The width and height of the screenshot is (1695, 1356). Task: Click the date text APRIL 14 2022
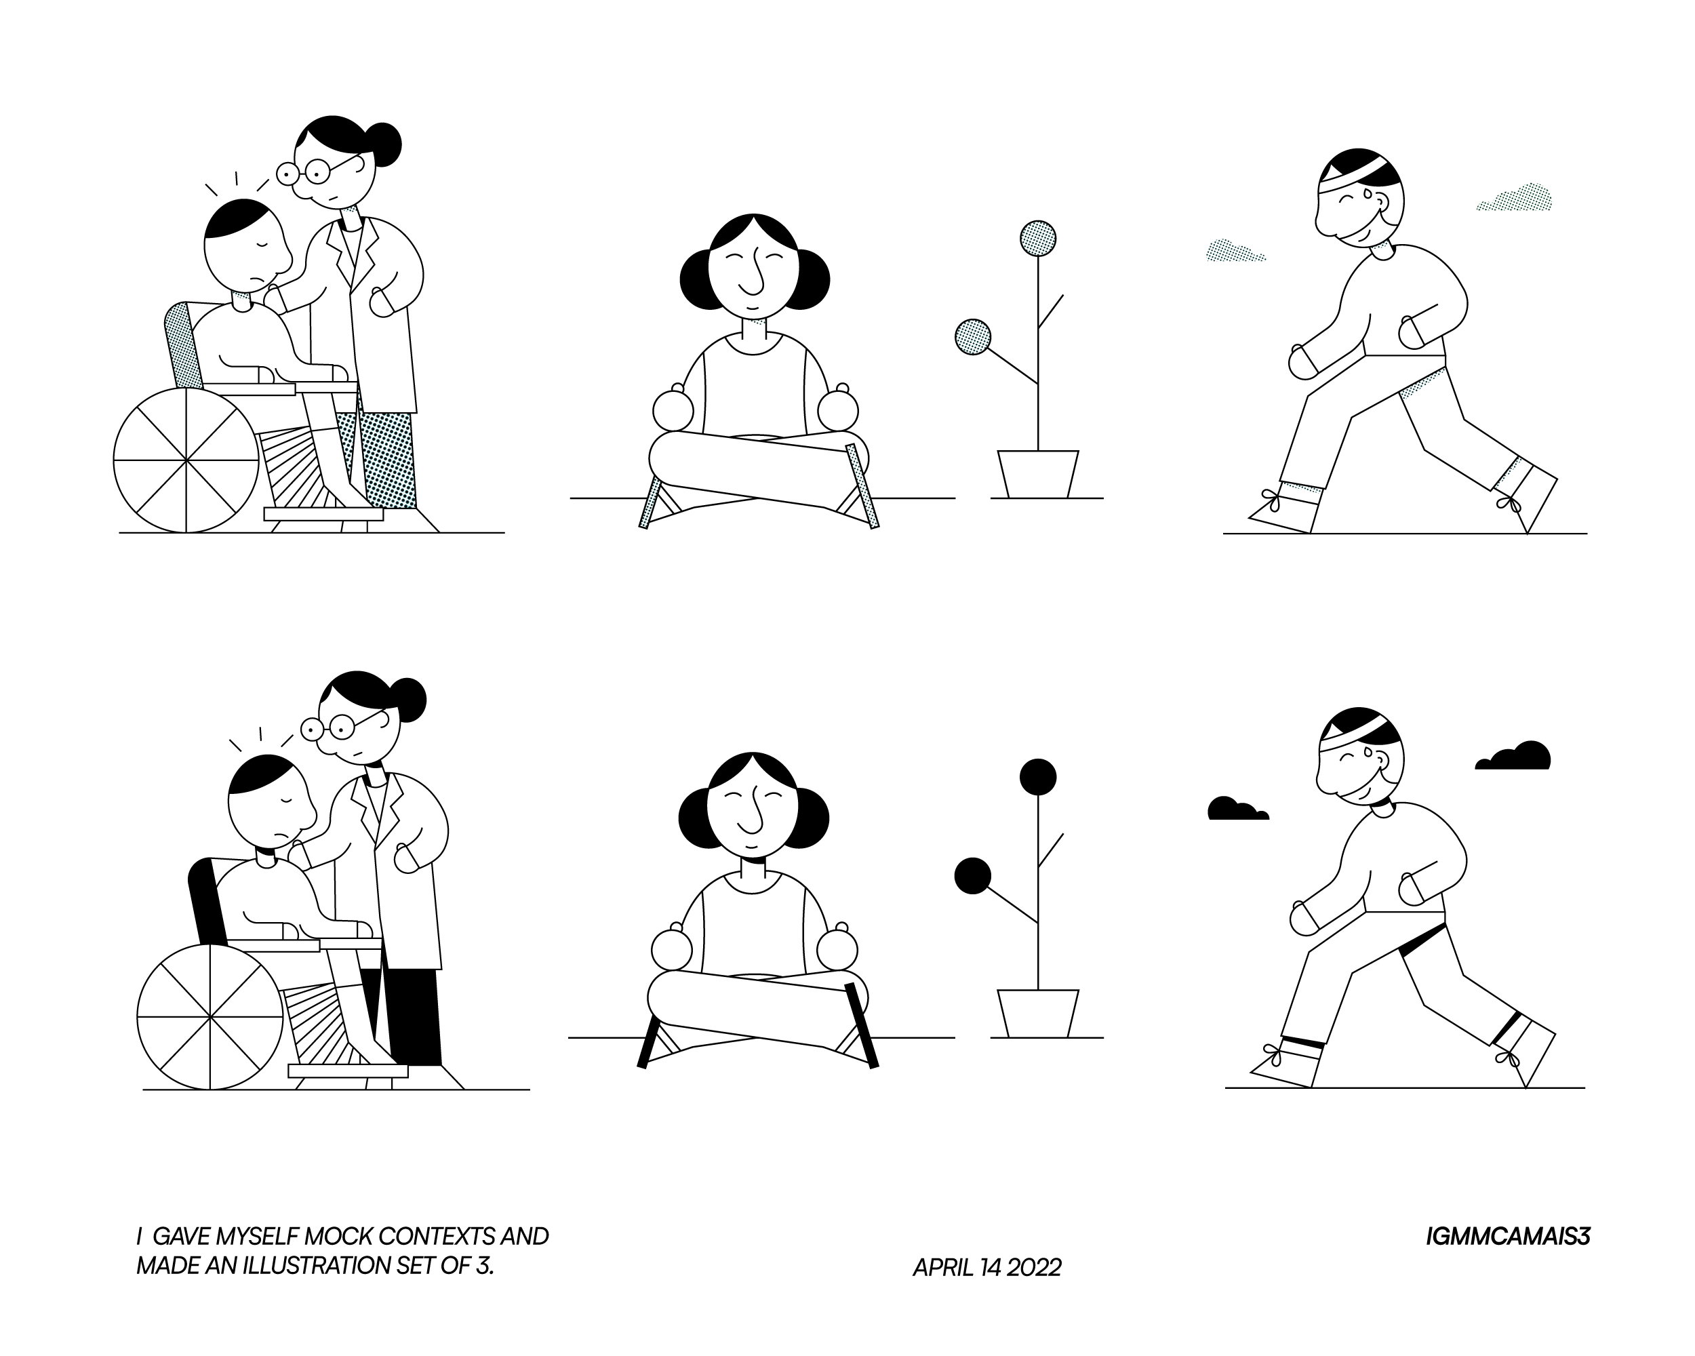point(986,1268)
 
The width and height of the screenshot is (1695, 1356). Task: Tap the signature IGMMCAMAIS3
point(1507,1237)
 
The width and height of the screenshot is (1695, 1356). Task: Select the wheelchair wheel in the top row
point(186,460)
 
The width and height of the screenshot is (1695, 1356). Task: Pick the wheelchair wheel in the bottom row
point(210,1017)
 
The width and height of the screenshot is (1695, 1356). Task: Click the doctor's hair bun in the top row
point(385,144)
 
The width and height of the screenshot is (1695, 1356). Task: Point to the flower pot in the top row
point(1038,474)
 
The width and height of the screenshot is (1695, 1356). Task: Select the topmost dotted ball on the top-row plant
point(1038,237)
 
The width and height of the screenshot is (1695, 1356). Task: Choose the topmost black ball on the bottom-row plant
point(1038,777)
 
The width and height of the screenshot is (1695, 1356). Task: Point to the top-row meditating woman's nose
point(754,270)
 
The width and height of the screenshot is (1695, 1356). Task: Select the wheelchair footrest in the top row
point(323,514)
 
